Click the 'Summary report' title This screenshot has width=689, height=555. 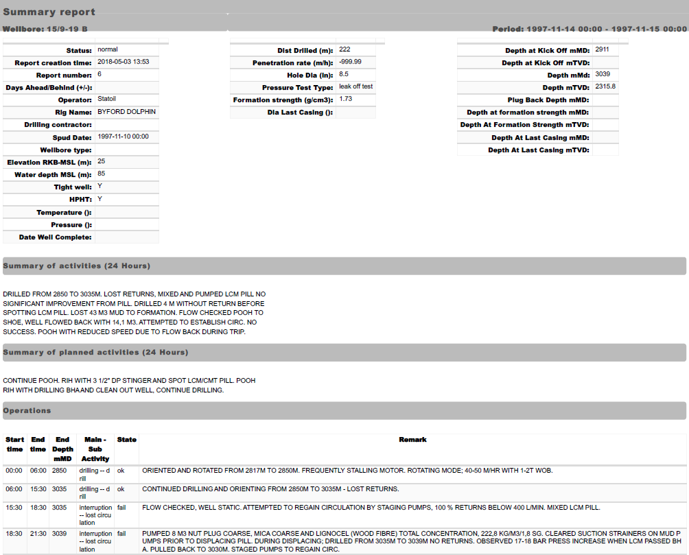coord(49,12)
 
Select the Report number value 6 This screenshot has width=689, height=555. coord(100,74)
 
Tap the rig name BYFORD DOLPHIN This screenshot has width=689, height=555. coord(126,111)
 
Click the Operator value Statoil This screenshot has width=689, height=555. coord(107,99)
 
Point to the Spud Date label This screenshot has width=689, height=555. coord(72,137)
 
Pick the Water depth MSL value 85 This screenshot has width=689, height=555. coord(102,174)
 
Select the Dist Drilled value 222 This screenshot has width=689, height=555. coord(344,49)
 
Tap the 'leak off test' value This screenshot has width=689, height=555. coord(355,86)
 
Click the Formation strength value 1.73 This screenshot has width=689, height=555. coord(345,99)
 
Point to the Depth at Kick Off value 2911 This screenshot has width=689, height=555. coord(603,49)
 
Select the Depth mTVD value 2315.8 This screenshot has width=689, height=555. coord(605,86)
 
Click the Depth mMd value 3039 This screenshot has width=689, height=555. coord(603,74)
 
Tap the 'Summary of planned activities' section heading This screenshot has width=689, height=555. coord(95,353)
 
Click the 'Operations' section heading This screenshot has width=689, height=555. coord(27,410)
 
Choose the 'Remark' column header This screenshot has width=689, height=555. coord(412,440)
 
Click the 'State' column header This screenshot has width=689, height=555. coord(126,440)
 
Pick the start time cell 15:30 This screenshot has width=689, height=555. coord(14,508)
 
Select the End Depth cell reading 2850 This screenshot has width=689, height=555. coord(60,471)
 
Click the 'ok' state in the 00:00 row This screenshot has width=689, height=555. coord(121,471)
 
